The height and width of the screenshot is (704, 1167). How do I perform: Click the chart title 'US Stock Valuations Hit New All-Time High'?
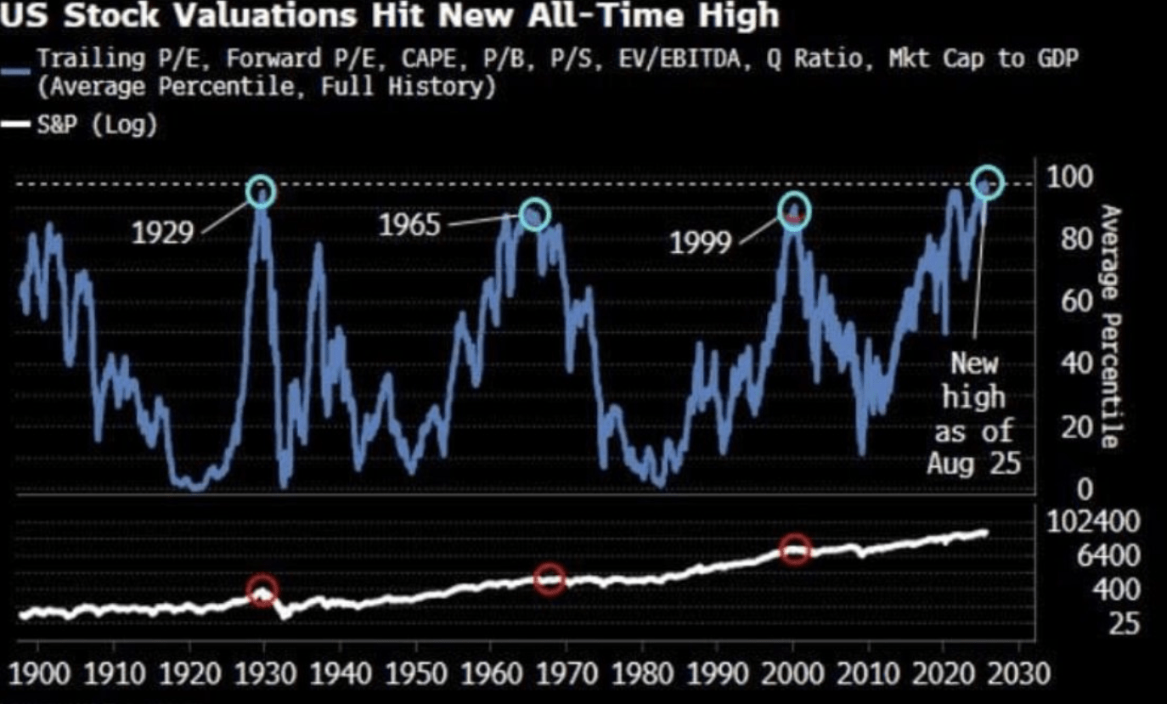390,16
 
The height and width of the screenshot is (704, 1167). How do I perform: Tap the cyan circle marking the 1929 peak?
261,192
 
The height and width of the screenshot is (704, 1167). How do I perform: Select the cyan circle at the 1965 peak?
534,214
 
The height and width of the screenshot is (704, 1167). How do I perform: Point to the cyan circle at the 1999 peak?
794,211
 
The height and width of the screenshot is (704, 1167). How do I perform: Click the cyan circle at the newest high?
988,183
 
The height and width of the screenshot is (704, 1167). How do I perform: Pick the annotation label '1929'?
162,232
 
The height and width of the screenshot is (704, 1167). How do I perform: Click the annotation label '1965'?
410,226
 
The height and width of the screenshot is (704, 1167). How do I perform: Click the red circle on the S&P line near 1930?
262,589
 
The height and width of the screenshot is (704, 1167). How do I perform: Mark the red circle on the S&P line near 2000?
796,549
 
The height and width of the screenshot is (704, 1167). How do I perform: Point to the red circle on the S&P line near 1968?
551,580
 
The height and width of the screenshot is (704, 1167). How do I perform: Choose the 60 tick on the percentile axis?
1064,301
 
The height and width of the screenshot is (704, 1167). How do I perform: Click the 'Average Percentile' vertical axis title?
1113,326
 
